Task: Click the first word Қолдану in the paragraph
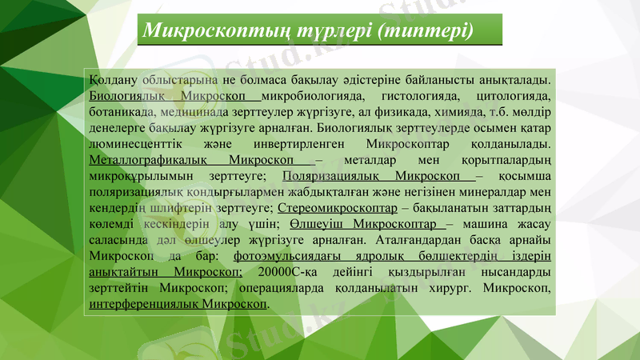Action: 114,80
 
